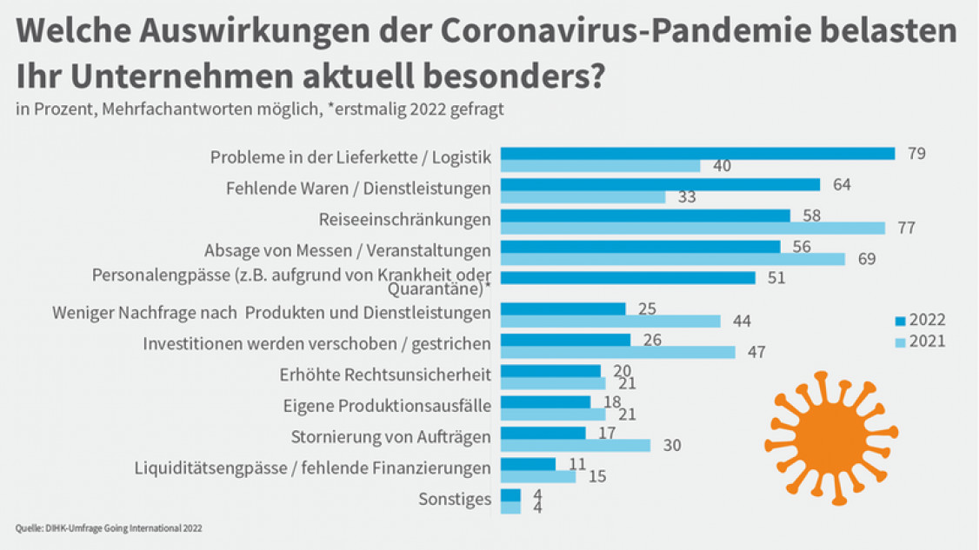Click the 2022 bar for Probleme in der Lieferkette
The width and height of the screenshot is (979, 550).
tap(698, 154)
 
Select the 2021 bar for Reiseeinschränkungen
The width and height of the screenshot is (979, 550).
tap(693, 228)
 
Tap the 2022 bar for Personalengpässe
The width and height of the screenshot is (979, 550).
tap(628, 278)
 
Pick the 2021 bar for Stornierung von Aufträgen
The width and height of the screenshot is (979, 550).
tap(576, 445)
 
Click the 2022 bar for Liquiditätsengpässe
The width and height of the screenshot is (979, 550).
tap(528, 464)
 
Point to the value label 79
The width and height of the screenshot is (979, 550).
tap(916, 154)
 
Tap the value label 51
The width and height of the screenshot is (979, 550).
tap(776, 278)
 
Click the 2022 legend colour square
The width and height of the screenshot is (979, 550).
tap(900, 320)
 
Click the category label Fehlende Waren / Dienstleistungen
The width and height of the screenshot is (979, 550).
tap(358, 188)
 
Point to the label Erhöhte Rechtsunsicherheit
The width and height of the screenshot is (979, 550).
tap(385, 375)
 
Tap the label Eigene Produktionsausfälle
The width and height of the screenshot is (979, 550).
tap(387, 406)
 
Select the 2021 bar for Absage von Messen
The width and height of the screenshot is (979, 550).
tap(673, 259)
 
